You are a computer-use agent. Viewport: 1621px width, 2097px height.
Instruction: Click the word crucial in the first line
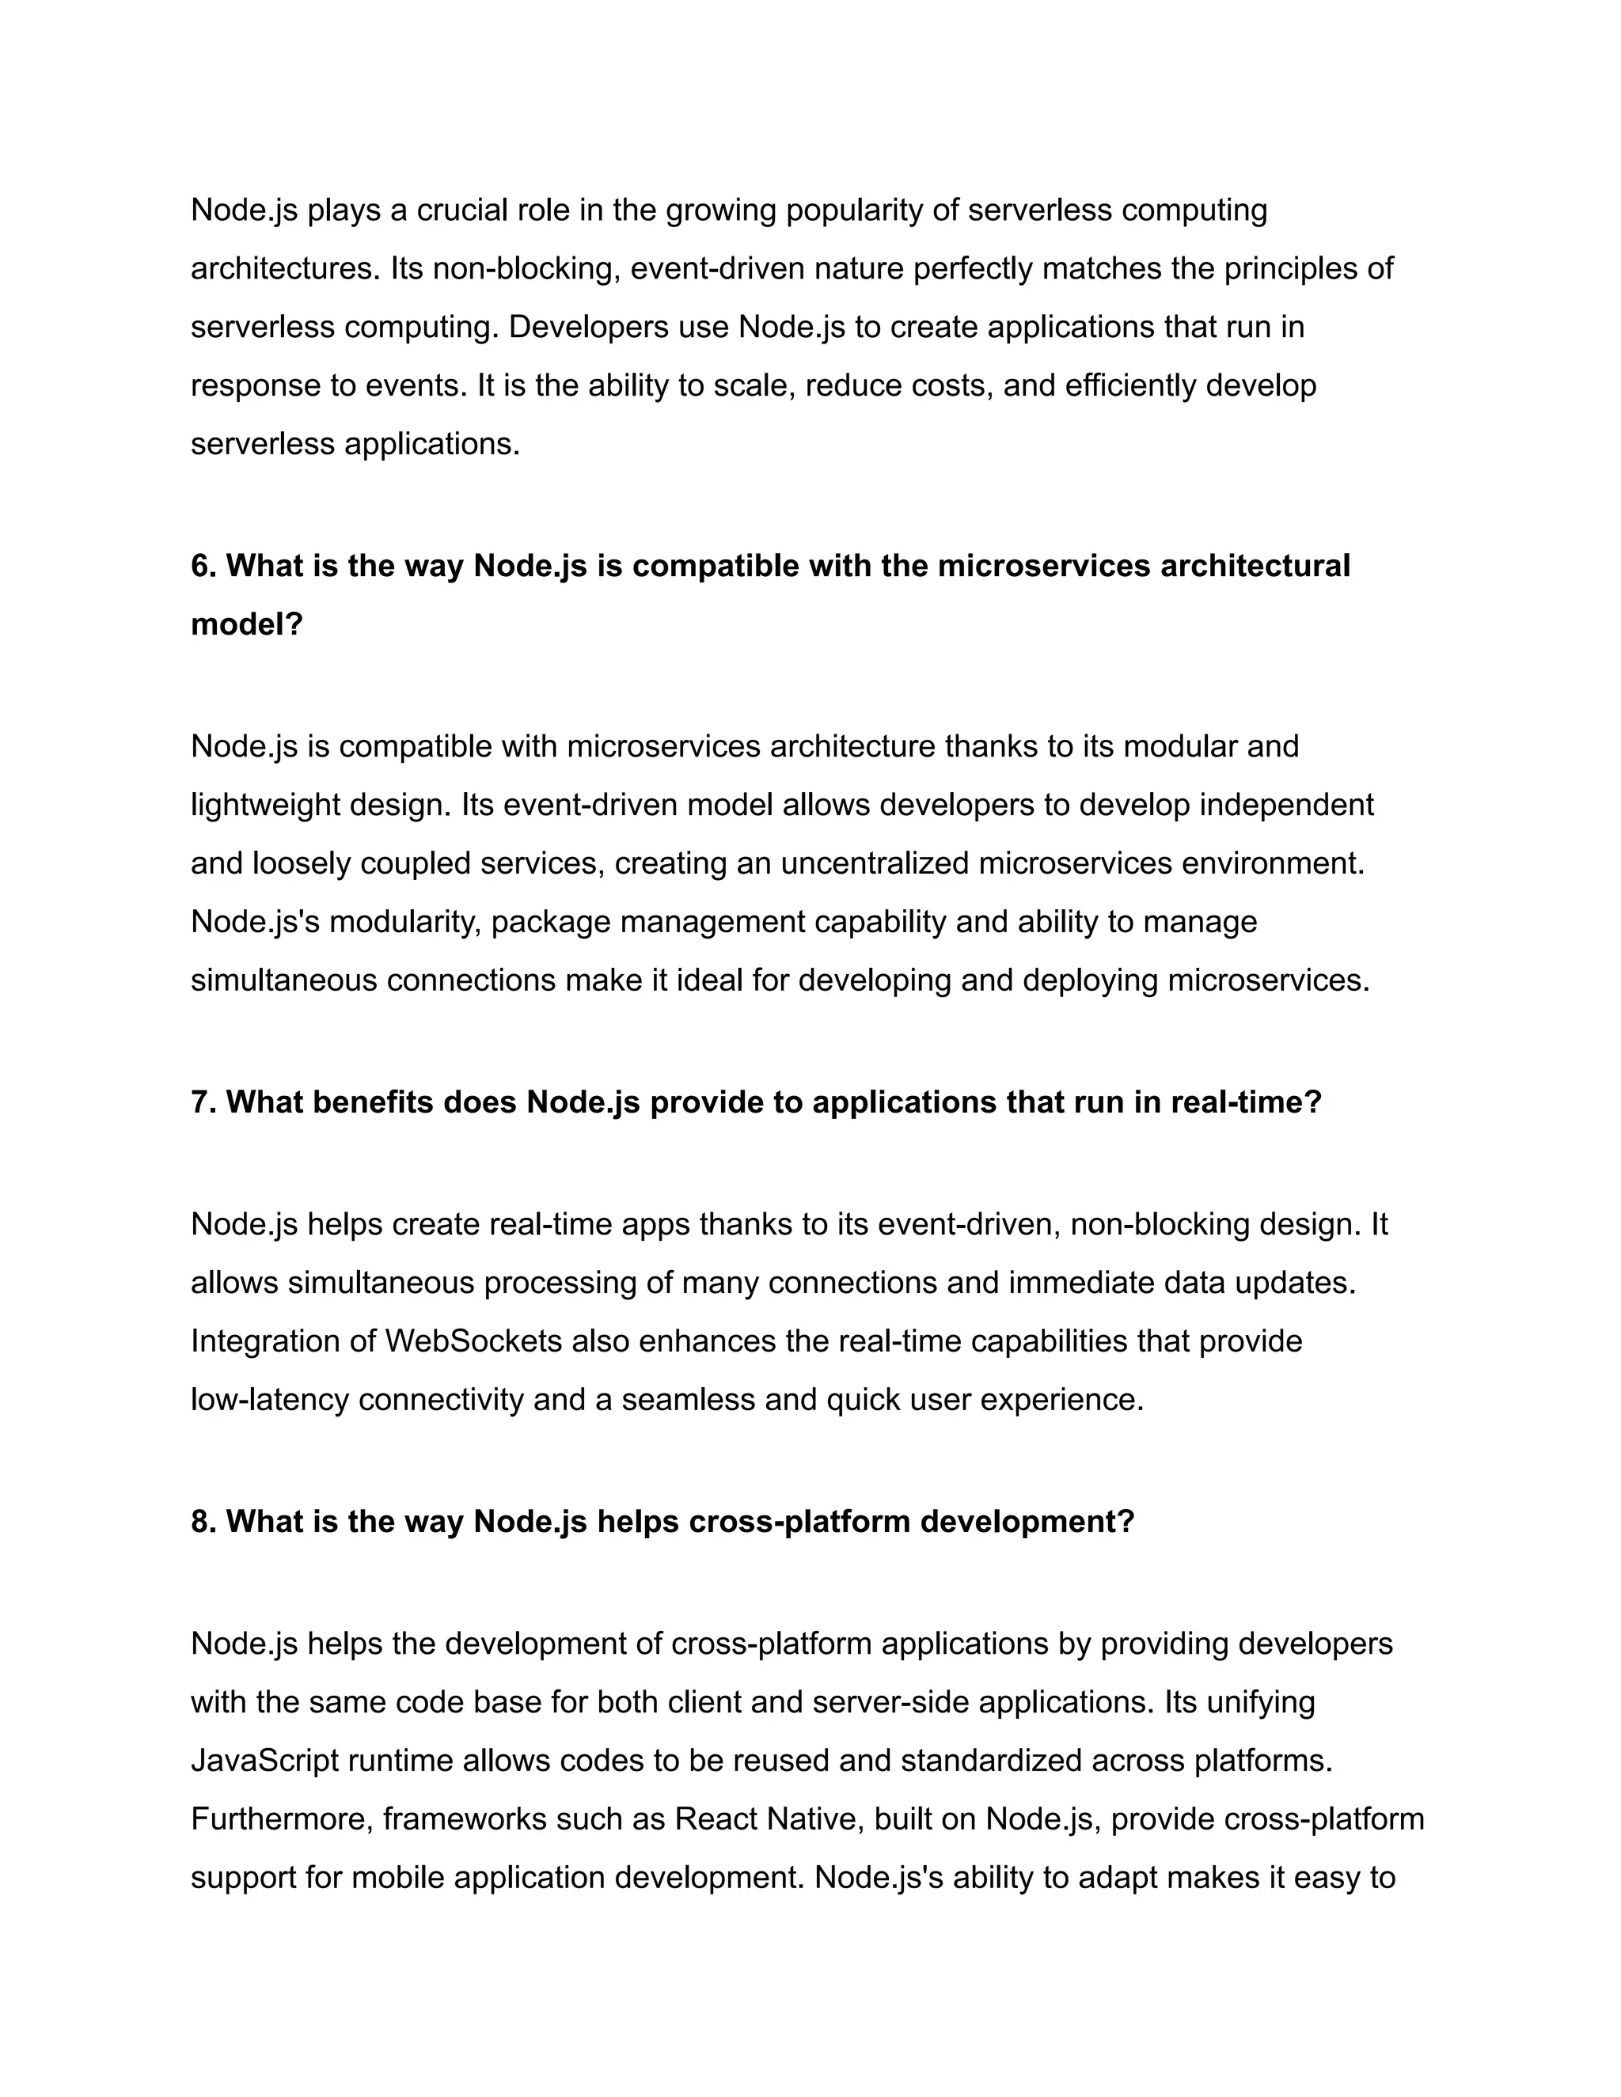click(x=460, y=210)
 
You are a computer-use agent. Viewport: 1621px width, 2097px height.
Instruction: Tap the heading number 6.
click(x=202, y=566)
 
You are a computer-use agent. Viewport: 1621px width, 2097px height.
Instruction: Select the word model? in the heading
click(x=247, y=624)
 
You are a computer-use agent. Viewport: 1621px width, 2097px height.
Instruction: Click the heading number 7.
click(x=202, y=1102)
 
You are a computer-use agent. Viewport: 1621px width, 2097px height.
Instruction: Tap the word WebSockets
click(x=473, y=1340)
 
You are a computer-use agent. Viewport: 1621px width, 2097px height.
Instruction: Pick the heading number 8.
click(x=202, y=1521)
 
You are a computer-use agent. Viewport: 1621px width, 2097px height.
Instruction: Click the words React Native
click(x=756, y=1819)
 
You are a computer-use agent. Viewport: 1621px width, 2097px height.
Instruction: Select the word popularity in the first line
click(x=854, y=210)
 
